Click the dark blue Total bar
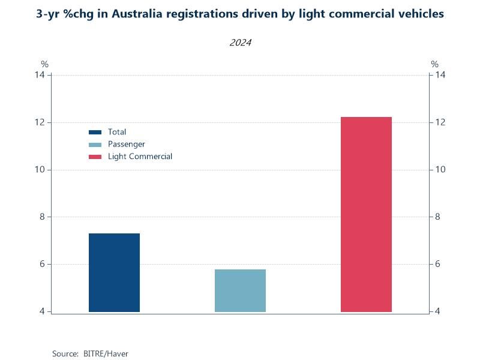(x=114, y=272)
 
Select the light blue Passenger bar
(x=240, y=290)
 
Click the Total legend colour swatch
(x=95, y=132)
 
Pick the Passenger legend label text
(x=126, y=144)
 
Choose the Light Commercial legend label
(x=140, y=157)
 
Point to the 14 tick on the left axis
(x=41, y=75)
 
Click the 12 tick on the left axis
(x=41, y=122)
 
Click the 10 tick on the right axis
(x=439, y=170)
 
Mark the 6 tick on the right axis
(x=437, y=264)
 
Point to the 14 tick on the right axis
(x=439, y=75)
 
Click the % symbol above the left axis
(x=44, y=64)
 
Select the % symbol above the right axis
(x=435, y=64)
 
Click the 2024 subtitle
(x=240, y=43)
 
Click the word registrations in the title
(x=207, y=14)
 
